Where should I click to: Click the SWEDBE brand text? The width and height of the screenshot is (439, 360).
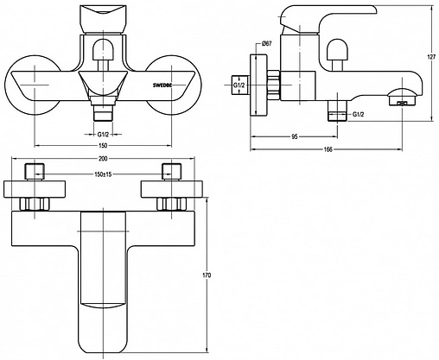pyautogui.click(x=162, y=85)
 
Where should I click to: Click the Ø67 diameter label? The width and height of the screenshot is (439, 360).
pyautogui.click(x=266, y=43)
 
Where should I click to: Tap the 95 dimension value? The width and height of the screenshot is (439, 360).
pyautogui.click(x=294, y=136)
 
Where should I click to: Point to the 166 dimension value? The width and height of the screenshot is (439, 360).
pyautogui.click(x=328, y=149)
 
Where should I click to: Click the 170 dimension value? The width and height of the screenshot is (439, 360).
pyautogui.click(x=207, y=275)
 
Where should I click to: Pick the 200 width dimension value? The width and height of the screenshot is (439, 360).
pyautogui.click(x=103, y=158)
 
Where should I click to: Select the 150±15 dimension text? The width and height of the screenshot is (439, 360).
pyautogui.click(x=103, y=174)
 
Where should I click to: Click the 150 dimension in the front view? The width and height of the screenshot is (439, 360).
pyautogui.click(x=103, y=145)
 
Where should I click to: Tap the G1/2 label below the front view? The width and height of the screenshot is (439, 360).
pyautogui.click(x=103, y=134)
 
